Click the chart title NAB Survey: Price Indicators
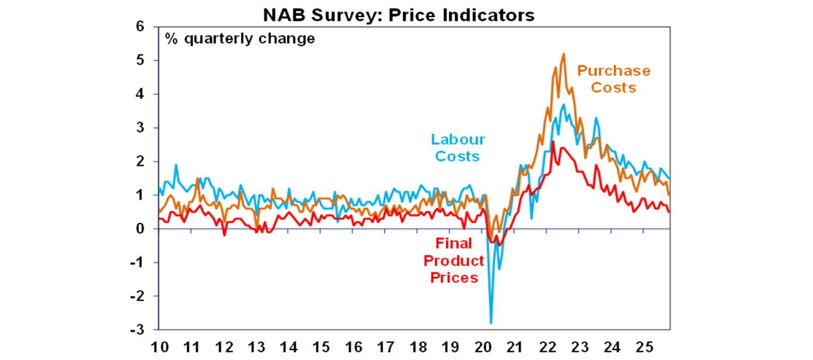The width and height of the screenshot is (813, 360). (399, 16)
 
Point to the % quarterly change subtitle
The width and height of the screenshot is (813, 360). (240, 39)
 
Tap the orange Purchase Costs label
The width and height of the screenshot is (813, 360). (613, 79)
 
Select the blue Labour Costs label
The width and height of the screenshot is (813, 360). (458, 148)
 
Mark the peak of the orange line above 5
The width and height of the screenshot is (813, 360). (564, 53)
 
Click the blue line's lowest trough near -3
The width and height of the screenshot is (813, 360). (491, 323)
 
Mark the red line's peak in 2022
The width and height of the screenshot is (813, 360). (553, 141)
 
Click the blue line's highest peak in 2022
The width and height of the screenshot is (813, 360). (564, 104)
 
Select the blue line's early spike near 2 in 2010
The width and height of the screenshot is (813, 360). (176, 165)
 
